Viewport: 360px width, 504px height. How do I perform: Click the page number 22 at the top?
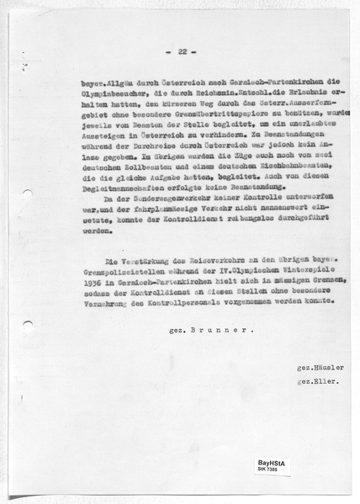[180, 52]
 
